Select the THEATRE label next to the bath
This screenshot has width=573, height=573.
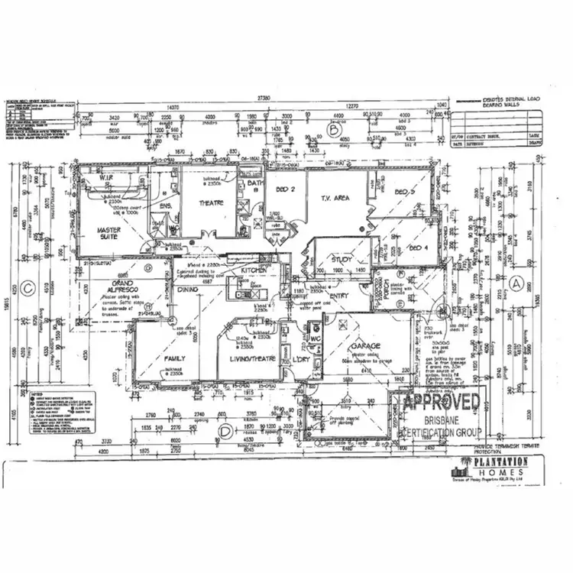click(210, 203)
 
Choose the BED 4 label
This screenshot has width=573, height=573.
click(416, 248)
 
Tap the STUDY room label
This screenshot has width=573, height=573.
click(342, 260)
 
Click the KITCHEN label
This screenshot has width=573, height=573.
click(254, 271)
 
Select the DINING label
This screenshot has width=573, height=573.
click(189, 290)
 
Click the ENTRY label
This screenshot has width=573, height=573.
click(338, 296)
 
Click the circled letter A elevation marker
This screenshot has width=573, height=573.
click(516, 283)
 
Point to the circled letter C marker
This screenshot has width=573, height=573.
click(28, 288)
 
